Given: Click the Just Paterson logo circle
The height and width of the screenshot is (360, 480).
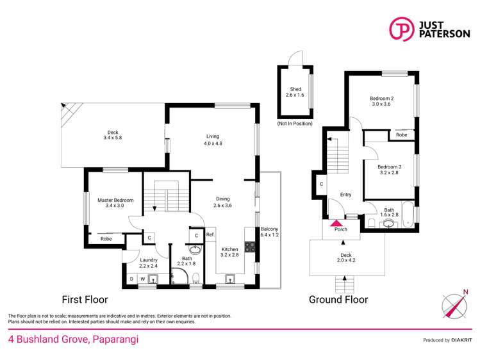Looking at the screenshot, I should (401, 29).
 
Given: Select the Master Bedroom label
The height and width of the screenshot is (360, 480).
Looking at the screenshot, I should (115, 200).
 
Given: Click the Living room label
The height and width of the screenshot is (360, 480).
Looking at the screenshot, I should (213, 136).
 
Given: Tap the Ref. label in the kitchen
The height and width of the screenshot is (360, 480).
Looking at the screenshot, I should (210, 235).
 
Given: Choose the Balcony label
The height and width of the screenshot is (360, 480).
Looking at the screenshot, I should (269, 229).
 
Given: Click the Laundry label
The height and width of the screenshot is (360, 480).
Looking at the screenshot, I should (148, 260).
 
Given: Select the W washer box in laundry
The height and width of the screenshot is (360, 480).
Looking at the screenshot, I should (142, 279).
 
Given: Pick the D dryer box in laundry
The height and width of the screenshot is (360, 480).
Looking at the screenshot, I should (131, 279).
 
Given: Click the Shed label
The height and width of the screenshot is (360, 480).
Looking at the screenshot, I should (295, 89).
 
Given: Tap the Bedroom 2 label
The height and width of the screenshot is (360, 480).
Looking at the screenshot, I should (381, 98).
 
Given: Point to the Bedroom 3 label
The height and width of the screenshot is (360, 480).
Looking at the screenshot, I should (390, 167).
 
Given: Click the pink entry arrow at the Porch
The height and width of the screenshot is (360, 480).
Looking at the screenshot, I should (336, 224).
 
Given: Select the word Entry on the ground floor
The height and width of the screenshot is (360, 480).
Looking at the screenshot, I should (346, 195).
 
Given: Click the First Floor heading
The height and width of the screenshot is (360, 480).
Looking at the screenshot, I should (85, 299).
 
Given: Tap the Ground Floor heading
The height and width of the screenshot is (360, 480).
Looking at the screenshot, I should (338, 299).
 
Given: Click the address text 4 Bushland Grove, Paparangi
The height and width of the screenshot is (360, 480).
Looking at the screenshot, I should (73, 340).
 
